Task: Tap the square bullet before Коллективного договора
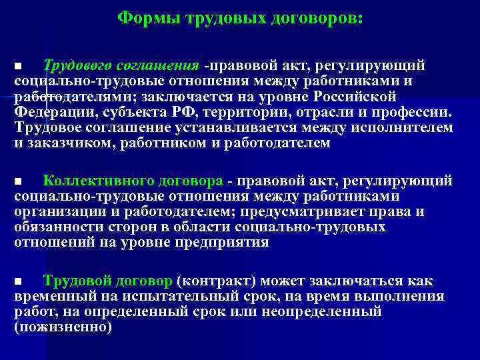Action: coord(19,182)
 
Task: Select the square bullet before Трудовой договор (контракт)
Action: coord(19,282)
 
